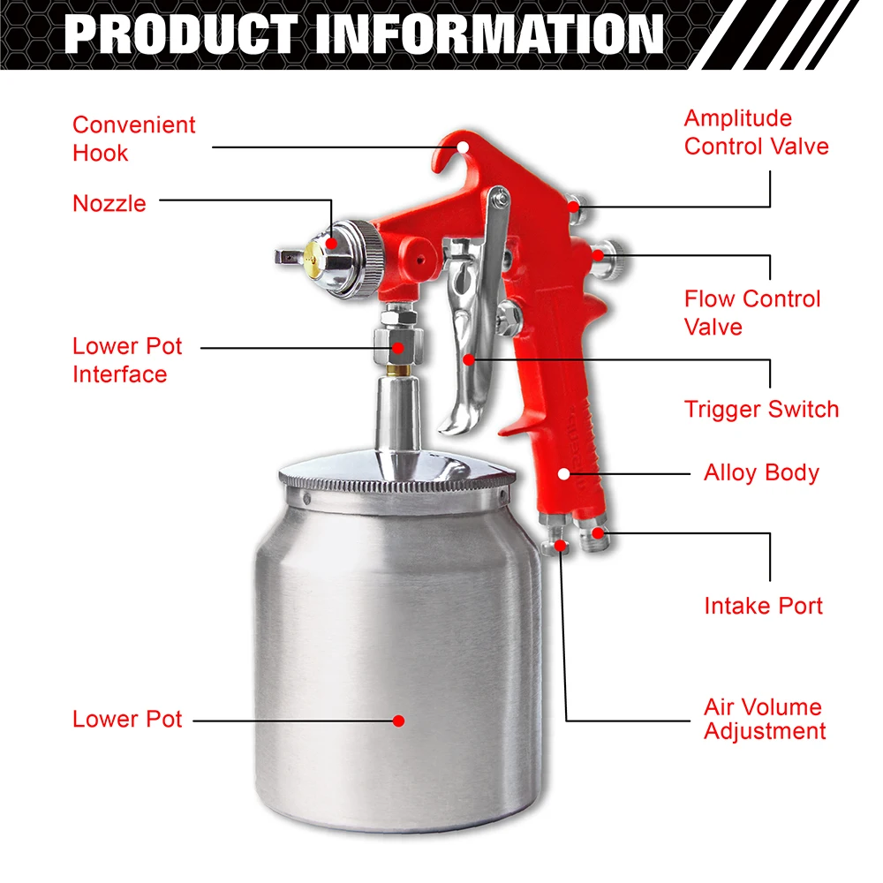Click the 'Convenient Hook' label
[133, 139]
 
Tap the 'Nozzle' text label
[109, 203]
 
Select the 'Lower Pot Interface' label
[127, 359]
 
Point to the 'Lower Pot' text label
[127, 719]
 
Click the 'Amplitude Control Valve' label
[756, 132]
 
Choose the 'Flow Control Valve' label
[752, 313]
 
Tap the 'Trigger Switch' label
[761, 409]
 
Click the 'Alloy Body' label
[761, 472]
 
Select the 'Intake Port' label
[763, 606]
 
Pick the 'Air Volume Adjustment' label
[765, 719]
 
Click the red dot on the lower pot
[398, 721]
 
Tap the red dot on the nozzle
[329, 241]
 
